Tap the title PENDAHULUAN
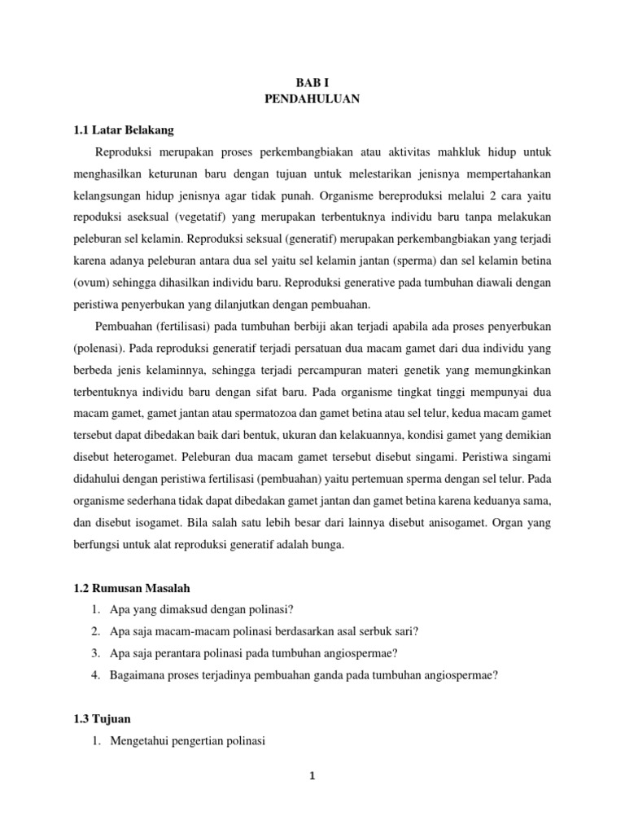[x=312, y=99]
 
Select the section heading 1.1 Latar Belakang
[x=124, y=130]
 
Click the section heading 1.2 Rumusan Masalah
[x=133, y=588]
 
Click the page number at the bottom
[x=312, y=776]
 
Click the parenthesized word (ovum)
[x=94, y=283]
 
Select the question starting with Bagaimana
[x=304, y=674]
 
